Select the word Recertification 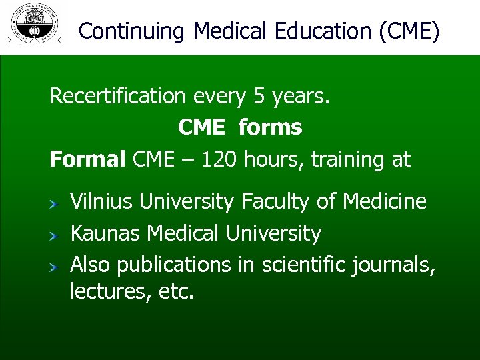click(118, 97)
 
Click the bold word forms click(270, 127)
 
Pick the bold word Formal click(87, 159)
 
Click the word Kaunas click(105, 233)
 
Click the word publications click(174, 265)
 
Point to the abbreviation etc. click(175, 291)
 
